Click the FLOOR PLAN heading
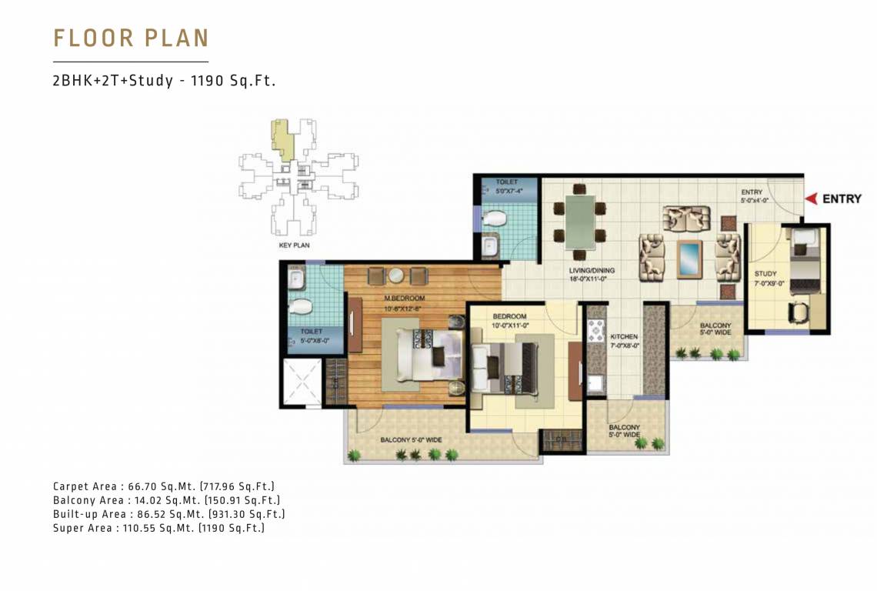(x=131, y=38)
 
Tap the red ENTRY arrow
(x=810, y=199)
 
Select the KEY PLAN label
(x=293, y=245)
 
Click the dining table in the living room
(x=580, y=219)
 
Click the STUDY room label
(x=765, y=274)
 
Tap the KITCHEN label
(x=624, y=337)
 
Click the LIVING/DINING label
(x=592, y=271)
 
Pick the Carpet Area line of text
(x=164, y=486)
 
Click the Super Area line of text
(x=158, y=528)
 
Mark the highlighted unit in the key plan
(x=283, y=141)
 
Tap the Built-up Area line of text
(x=169, y=514)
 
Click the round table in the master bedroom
(x=396, y=276)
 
